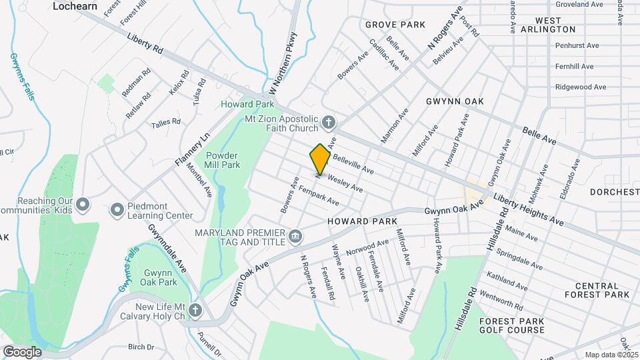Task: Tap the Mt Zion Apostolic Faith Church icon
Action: (327, 122)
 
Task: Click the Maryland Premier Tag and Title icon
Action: (295, 236)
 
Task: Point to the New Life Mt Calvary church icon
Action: (195, 311)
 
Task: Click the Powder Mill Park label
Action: (226, 160)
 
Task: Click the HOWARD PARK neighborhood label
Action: (362, 221)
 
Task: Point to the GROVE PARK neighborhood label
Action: (395, 25)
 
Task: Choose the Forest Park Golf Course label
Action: (512, 325)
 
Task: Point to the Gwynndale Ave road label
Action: (167, 249)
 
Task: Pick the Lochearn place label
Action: (75, 6)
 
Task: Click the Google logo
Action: (22, 351)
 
